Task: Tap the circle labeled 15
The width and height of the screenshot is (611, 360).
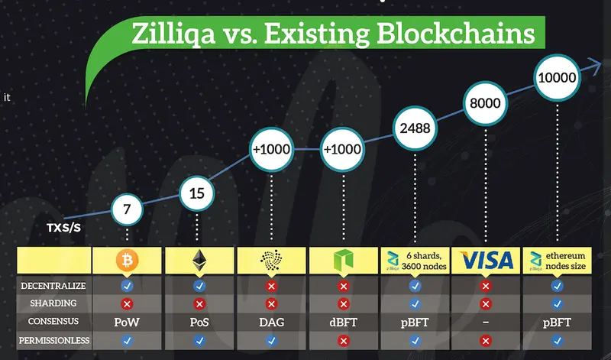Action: coord(197,193)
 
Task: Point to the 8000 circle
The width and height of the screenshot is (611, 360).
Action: coord(487,105)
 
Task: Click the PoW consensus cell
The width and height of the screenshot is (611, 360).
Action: coord(128,322)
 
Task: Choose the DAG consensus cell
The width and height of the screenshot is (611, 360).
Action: coord(271,322)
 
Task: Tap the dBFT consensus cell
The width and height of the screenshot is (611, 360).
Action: coord(343,322)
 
